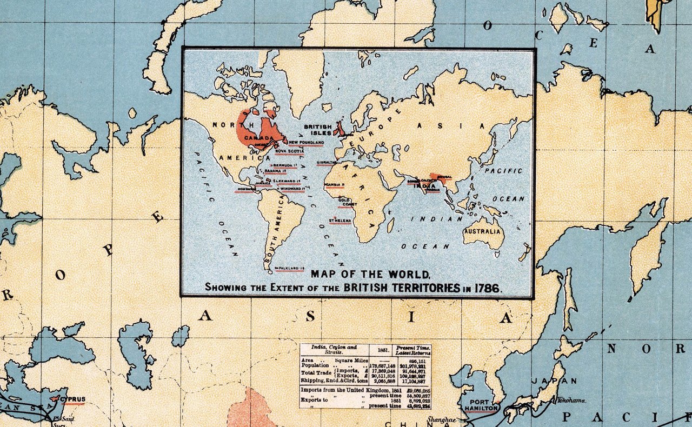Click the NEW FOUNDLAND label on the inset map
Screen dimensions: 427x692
tap(305, 142)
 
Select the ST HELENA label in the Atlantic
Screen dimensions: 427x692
tap(340, 221)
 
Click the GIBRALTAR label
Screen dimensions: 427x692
tap(328, 162)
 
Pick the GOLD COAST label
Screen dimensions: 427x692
tap(348, 202)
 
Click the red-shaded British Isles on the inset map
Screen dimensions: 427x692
tap(341, 129)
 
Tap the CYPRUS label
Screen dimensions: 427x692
tap(74, 399)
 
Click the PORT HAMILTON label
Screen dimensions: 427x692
tap(482, 405)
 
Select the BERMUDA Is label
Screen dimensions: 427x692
tap(285, 165)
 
